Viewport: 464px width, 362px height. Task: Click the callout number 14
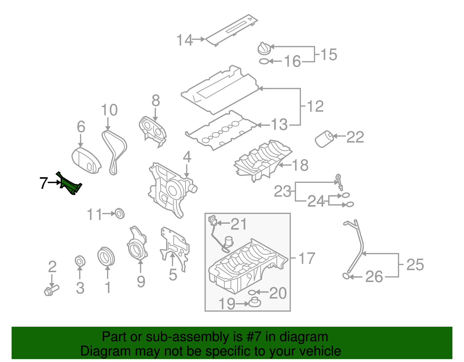click(184, 40)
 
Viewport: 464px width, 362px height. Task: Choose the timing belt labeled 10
click(115, 151)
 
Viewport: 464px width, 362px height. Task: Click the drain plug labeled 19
click(255, 303)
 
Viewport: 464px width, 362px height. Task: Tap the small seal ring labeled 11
click(119, 213)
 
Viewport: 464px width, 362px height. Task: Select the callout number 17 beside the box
click(307, 258)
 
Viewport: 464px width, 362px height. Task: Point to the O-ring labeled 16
click(264, 61)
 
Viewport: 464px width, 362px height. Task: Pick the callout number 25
click(415, 265)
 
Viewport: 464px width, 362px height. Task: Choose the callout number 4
click(187, 157)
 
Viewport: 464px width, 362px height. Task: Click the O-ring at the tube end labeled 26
click(346, 276)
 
